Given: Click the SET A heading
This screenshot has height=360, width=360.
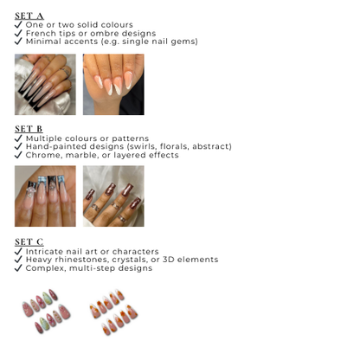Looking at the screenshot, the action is click(x=29, y=16).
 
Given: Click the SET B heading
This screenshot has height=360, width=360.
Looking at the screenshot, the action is click(x=29, y=129).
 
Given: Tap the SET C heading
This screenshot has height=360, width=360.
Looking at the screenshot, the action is click(x=29, y=241).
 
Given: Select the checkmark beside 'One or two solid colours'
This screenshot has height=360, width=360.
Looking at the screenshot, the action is click(x=18, y=25).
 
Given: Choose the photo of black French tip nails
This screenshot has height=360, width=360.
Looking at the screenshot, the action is click(x=45, y=85).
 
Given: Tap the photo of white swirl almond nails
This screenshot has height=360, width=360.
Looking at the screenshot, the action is click(x=113, y=85).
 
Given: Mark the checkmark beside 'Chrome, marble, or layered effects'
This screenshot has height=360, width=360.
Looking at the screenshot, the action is click(x=18, y=155).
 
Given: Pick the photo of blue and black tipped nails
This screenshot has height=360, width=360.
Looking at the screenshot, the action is click(x=45, y=196).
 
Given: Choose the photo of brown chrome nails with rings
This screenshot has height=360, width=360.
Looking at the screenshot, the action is click(x=113, y=196).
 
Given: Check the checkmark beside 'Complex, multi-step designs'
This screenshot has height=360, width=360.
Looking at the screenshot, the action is click(x=18, y=268).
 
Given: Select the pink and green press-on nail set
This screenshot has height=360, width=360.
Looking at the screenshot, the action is click(x=46, y=312).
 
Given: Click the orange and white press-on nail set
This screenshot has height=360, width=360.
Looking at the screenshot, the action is click(x=113, y=312).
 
